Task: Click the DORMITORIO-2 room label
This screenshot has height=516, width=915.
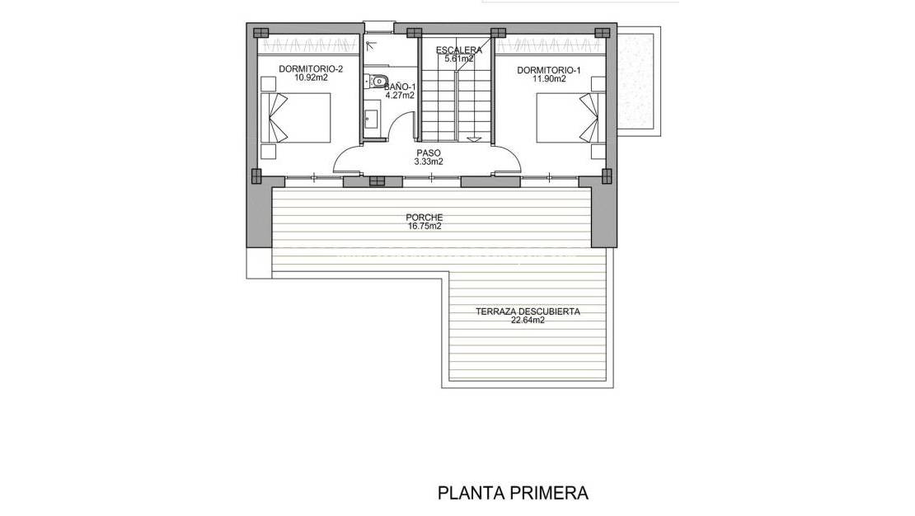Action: (310, 69)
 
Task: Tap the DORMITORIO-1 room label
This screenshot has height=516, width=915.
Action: (548, 70)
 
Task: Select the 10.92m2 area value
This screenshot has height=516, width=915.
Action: (310, 79)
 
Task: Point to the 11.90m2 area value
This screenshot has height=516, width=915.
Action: (548, 80)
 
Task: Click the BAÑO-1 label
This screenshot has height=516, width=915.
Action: (401, 86)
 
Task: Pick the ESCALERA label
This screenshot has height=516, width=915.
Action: (458, 49)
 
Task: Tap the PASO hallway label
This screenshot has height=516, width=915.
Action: (429, 152)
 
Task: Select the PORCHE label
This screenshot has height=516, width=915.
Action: (424, 218)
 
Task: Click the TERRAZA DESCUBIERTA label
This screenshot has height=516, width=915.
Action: (528, 312)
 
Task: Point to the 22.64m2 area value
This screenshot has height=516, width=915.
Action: (528, 321)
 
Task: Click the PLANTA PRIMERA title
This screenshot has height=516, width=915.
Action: (513, 493)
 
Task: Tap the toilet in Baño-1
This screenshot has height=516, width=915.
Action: (376, 81)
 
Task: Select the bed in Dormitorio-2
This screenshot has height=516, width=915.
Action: (297, 119)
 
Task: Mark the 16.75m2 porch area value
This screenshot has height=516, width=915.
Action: (424, 227)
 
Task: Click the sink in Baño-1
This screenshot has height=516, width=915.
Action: (370, 119)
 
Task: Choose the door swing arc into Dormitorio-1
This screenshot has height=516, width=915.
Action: (507, 157)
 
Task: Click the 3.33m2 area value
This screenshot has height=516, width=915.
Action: (429, 162)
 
